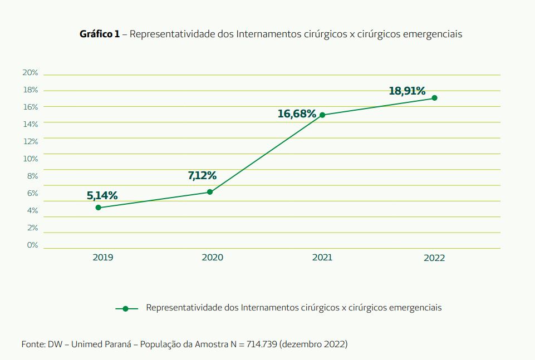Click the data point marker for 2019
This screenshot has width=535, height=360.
click(99, 208)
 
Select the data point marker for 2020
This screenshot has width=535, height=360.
click(210, 192)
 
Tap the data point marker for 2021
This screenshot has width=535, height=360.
click(322, 115)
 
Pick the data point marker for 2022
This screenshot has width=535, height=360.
click(434, 98)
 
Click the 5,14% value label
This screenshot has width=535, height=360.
click(102, 195)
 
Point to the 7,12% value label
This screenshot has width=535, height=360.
click(202, 176)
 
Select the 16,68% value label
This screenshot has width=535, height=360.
click(297, 114)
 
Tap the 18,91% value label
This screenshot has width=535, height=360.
click(407, 91)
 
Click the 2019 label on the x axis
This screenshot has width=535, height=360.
click(103, 258)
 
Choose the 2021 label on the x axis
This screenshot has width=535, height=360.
click(322, 258)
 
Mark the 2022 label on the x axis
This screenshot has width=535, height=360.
click(434, 258)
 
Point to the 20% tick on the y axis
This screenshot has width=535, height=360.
click(30, 73)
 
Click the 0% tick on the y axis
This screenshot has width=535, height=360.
click(32, 245)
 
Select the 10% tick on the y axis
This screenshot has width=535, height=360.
click(30, 159)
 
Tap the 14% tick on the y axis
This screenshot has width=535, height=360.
click(30, 124)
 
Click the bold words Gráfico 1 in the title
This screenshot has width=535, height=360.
click(100, 34)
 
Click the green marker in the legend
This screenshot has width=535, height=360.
click(126, 308)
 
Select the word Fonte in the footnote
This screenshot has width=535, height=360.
click(33, 344)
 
